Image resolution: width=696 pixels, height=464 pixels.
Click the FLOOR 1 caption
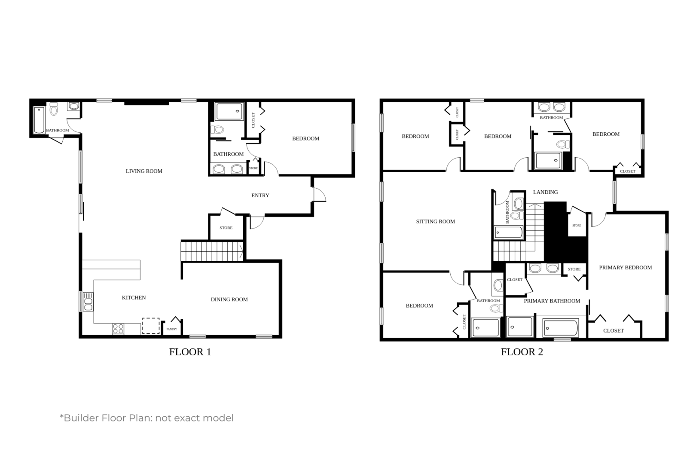(x=190, y=352)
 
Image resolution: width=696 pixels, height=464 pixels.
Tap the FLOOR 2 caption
(x=522, y=352)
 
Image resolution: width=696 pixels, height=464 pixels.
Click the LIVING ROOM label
(x=144, y=171)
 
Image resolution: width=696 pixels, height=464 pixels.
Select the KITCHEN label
(x=134, y=298)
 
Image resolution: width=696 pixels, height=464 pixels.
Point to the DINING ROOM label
(x=229, y=299)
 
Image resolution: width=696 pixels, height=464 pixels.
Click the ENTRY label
(x=260, y=195)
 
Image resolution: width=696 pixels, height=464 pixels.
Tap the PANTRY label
(x=171, y=329)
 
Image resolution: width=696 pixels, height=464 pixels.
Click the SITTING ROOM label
(x=435, y=222)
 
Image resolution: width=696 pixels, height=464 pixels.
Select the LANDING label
(x=545, y=192)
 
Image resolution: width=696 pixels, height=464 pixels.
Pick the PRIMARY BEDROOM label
(x=625, y=268)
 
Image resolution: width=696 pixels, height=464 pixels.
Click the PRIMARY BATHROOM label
(x=552, y=301)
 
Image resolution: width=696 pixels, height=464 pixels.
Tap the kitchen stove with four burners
(x=118, y=329)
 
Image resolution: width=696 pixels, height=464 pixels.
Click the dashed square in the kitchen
(x=151, y=326)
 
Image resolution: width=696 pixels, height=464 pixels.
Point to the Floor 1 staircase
(x=212, y=251)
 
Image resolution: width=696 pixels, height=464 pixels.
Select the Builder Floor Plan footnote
(x=147, y=418)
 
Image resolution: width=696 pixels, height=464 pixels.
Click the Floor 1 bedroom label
(x=305, y=139)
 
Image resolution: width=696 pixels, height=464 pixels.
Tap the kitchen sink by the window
(x=88, y=302)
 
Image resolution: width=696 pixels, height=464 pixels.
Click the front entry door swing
(x=319, y=195)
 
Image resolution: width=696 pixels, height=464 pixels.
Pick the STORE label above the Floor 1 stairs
(x=226, y=228)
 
